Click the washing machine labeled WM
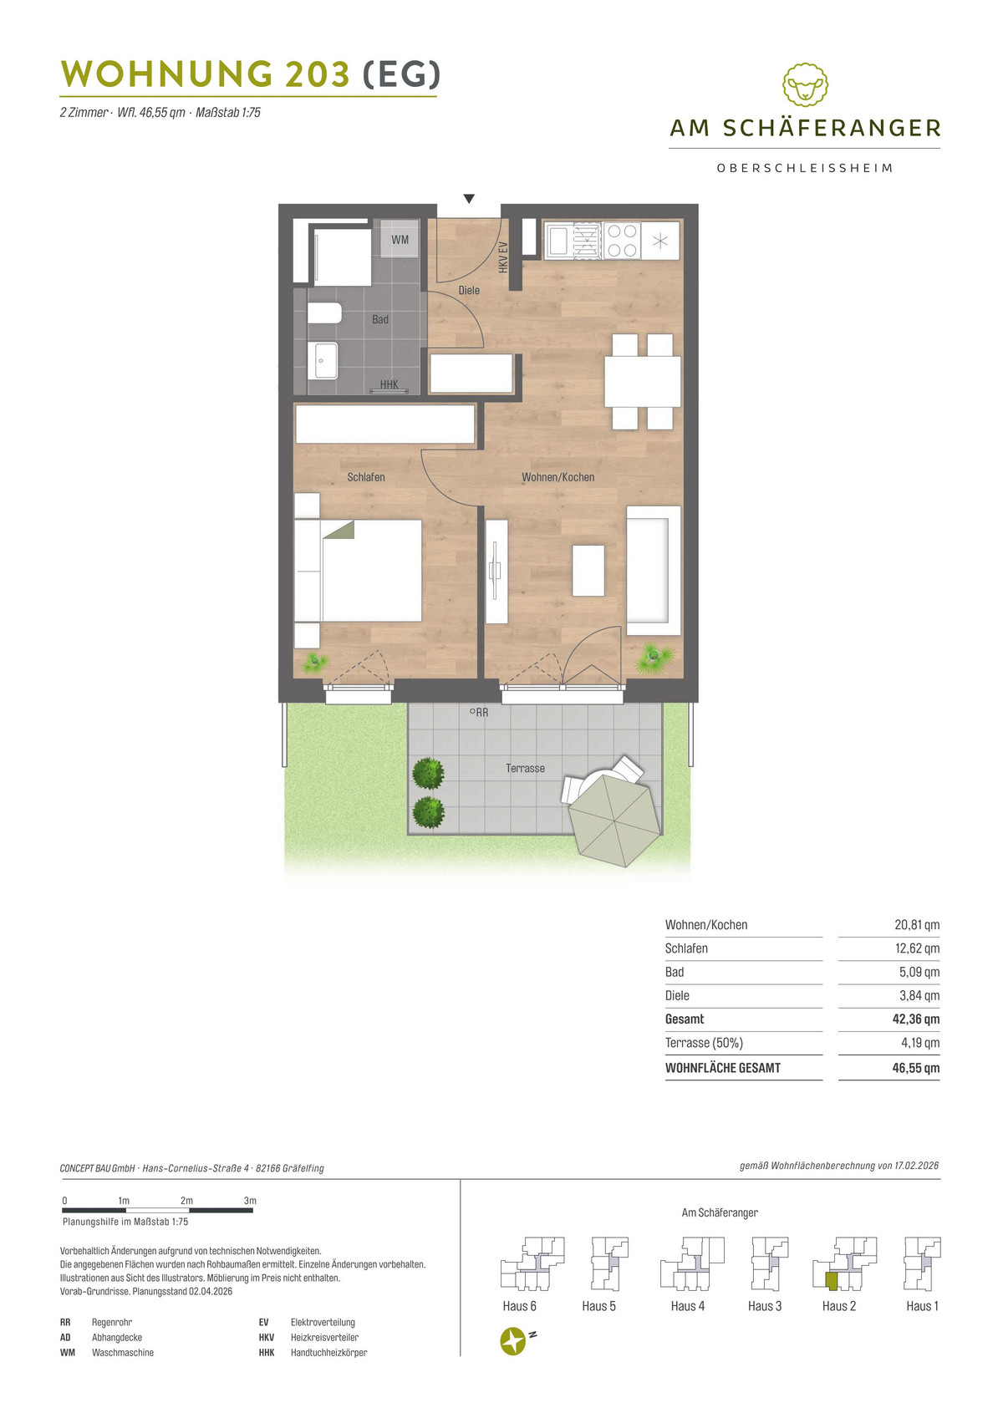[x=400, y=239]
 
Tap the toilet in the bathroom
[x=325, y=313]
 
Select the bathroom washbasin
[x=323, y=360]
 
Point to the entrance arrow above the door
[x=469, y=199]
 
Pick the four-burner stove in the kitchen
[x=621, y=240]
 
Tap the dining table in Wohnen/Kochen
[x=642, y=382]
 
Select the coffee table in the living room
[x=588, y=571]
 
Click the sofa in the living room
[x=654, y=571]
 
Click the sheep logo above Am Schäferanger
[x=805, y=85]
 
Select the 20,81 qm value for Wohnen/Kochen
[x=917, y=925]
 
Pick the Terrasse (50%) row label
[x=704, y=1043]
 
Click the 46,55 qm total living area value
[x=915, y=1068]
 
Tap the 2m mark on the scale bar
[x=186, y=1200]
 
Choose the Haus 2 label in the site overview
[x=839, y=1306]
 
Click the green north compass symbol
[x=513, y=1341]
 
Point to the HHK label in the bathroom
[x=389, y=384]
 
